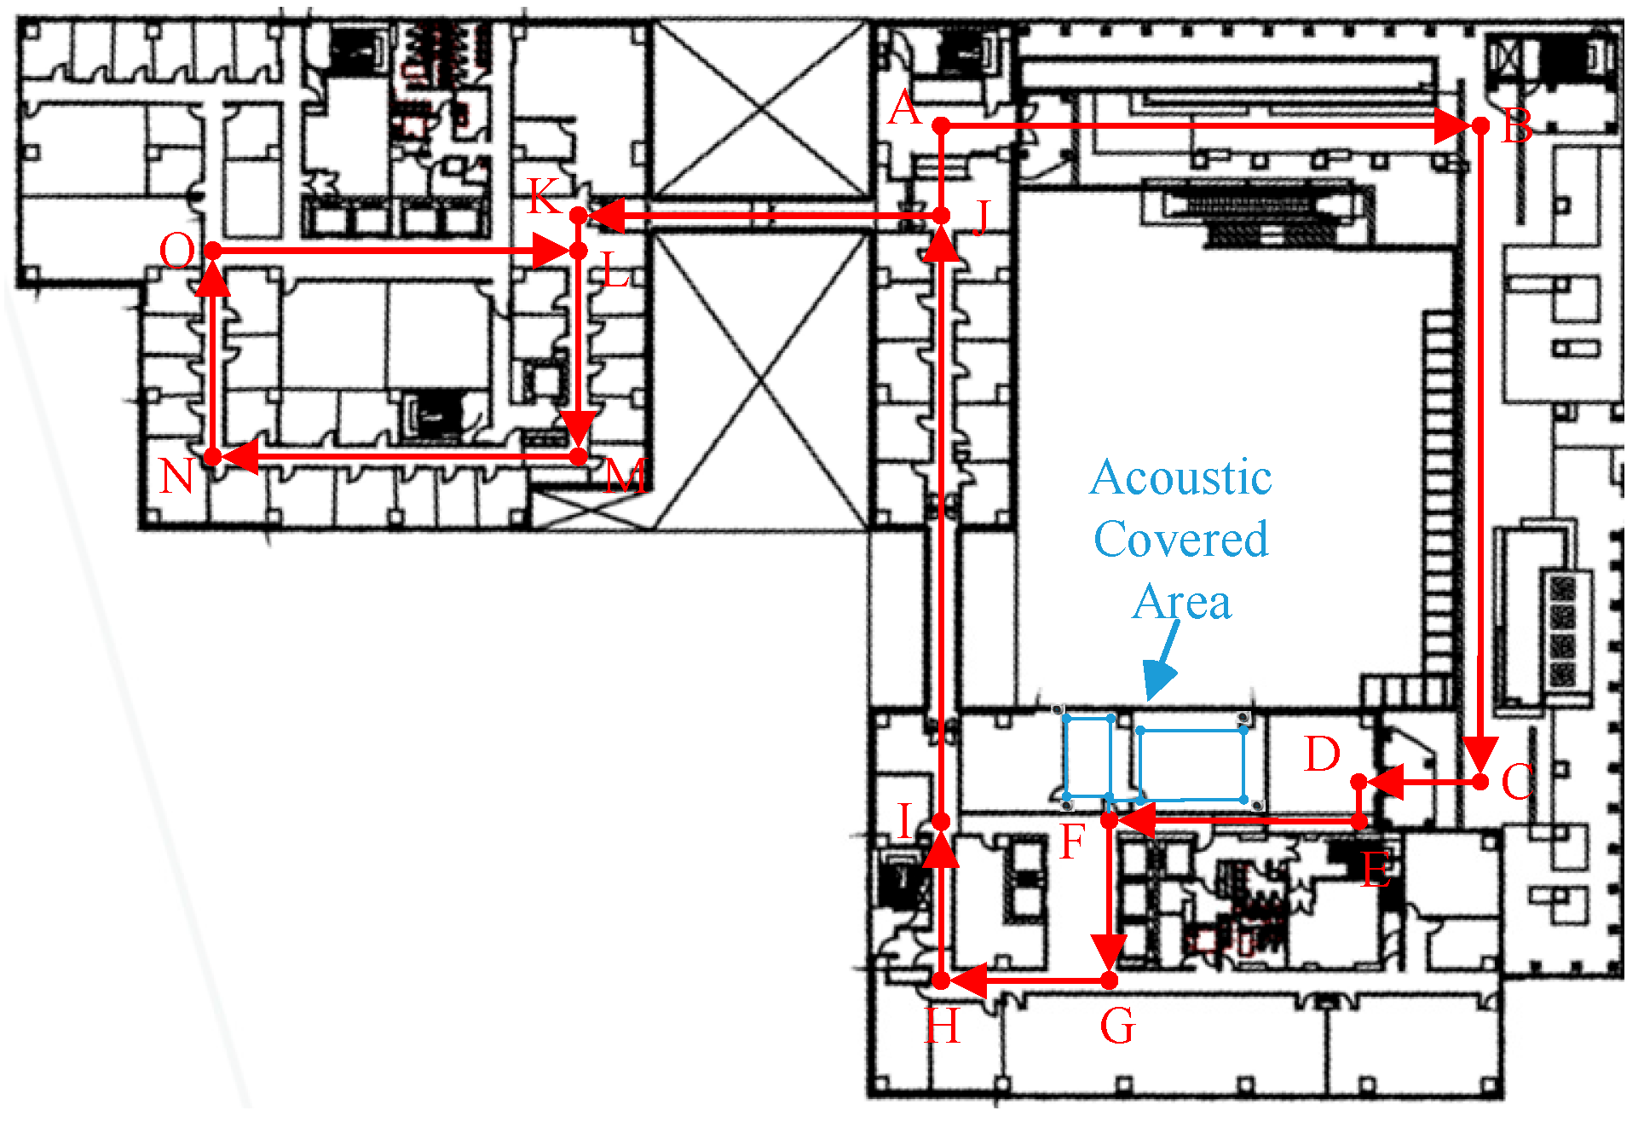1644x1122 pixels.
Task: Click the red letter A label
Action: coord(904,109)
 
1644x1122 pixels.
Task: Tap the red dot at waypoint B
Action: coord(1481,126)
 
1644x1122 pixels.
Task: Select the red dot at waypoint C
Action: coord(1481,781)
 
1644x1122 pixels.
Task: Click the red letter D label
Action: coord(1322,755)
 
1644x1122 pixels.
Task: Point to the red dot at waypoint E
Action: coord(1360,822)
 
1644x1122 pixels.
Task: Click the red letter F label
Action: coord(1072,841)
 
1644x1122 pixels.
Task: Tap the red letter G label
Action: coord(1117,1026)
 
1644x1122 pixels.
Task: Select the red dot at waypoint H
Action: coord(941,981)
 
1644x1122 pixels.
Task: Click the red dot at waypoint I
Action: coord(941,822)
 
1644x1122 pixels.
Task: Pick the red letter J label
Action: coord(982,218)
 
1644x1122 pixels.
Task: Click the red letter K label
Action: coord(544,197)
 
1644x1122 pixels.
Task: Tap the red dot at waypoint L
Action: coord(579,251)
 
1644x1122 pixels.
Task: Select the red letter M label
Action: coord(626,476)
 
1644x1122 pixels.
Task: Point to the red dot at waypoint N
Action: coord(213,457)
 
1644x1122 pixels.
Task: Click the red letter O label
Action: coord(177,252)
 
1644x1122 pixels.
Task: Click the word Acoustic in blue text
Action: coord(1181,477)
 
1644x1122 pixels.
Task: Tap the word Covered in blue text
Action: coord(1181,540)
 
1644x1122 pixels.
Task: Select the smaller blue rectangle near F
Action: coord(1088,757)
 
